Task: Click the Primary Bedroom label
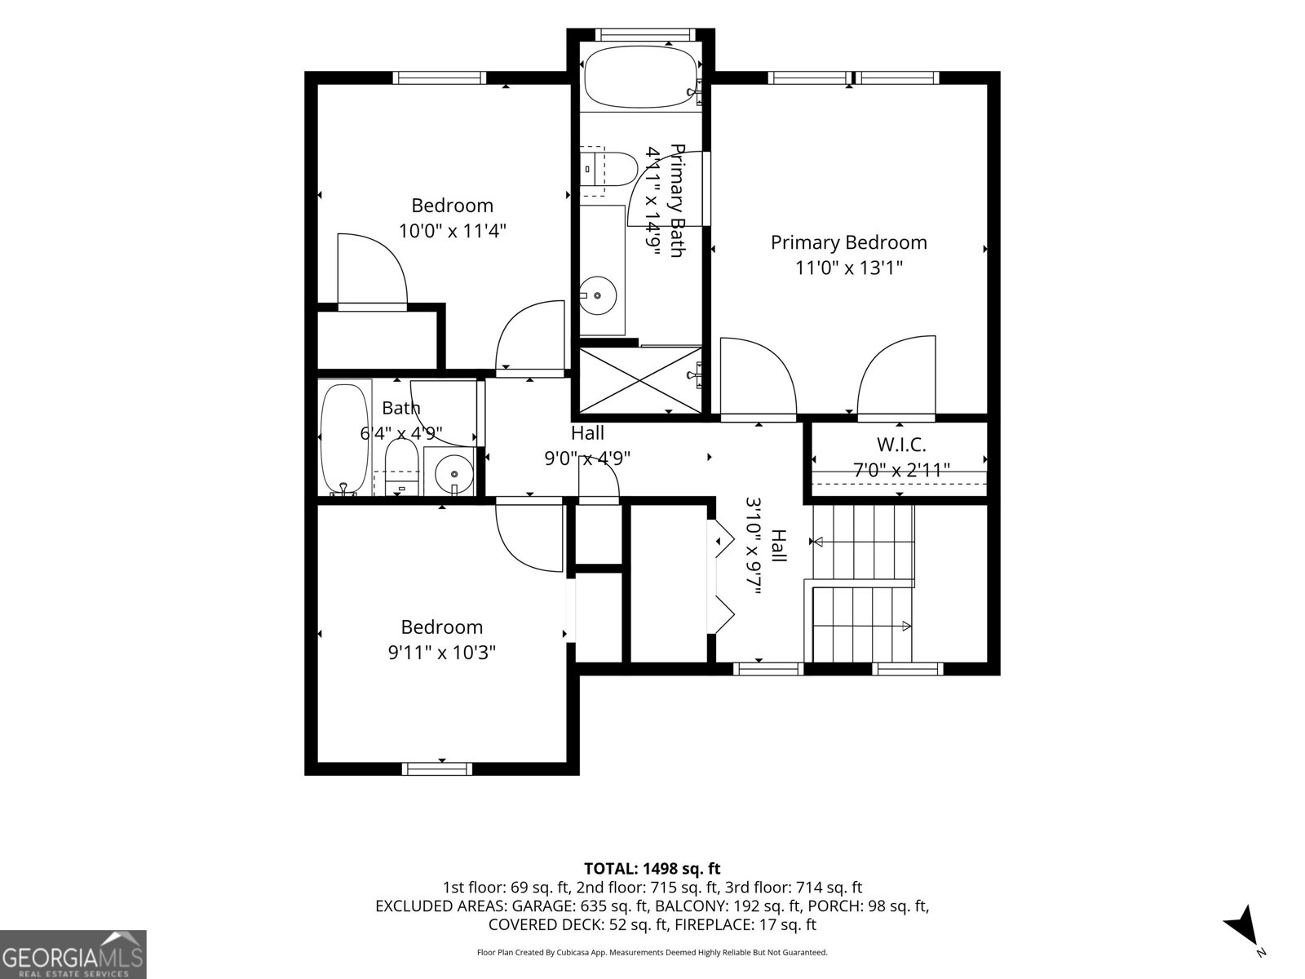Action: [x=848, y=242]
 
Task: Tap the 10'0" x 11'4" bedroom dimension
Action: [x=452, y=231]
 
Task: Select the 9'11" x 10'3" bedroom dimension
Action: [x=442, y=653]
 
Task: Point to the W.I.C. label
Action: [x=901, y=444]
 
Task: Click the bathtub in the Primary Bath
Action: [x=640, y=78]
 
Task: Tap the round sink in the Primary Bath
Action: [x=598, y=295]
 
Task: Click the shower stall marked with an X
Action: [x=640, y=380]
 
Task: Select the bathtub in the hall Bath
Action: [x=344, y=440]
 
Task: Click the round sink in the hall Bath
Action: [x=454, y=474]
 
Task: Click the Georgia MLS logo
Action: [x=73, y=954]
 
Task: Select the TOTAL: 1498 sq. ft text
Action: [x=652, y=868]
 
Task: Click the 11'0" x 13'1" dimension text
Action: [x=849, y=268]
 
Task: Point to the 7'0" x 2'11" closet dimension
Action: [x=901, y=470]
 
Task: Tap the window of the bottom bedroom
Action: [x=437, y=769]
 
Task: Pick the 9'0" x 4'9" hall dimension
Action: [x=587, y=458]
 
